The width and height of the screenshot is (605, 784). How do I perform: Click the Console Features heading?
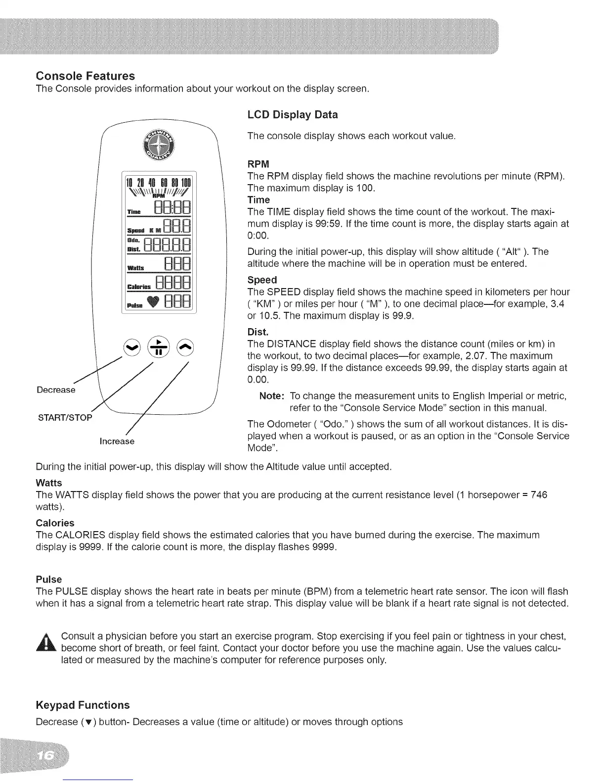pos(86,76)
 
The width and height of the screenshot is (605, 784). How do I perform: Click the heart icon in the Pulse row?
pos(155,301)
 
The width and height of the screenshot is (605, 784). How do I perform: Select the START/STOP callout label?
pos(65,417)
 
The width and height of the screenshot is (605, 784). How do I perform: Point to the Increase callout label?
pos(117,441)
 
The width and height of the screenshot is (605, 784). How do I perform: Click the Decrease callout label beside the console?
pos(56,390)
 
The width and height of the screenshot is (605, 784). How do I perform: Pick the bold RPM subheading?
pos(258,164)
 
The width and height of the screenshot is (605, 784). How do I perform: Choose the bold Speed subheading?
pos(262,280)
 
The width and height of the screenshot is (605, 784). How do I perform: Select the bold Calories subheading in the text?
pos(55,523)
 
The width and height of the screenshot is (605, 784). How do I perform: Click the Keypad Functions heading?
pos(83,705)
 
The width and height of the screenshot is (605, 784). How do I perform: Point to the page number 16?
pos(46,757)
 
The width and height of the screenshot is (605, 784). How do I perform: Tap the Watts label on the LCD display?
pos(135,268)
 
